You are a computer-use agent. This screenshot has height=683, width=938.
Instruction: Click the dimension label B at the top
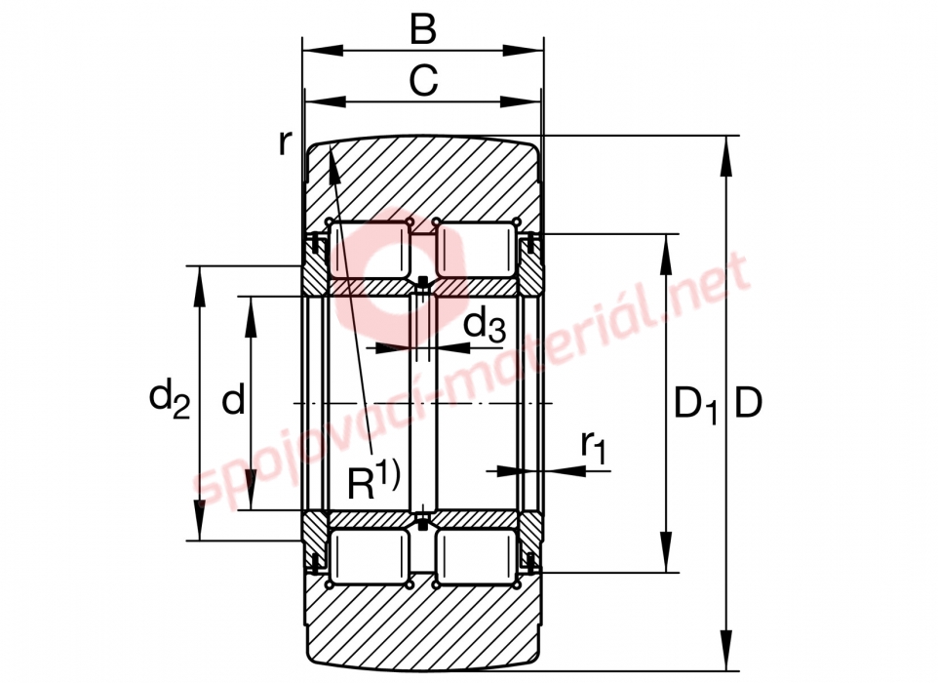[423, 28]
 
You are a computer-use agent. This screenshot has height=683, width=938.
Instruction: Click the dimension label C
[423, 80]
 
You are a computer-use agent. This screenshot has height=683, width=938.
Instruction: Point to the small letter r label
[286, 143]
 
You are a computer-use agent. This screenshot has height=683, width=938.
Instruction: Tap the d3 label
[485, 326]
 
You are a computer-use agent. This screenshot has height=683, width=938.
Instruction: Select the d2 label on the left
[170, 398]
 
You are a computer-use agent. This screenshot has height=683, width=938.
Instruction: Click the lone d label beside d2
[233, 399]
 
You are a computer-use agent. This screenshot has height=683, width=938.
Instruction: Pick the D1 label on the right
[695, 404]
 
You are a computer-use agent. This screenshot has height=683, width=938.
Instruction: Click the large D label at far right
[748, 402]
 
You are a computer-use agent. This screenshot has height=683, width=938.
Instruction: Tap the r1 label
[594, 446]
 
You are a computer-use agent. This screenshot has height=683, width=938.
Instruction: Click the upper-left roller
[370, 249]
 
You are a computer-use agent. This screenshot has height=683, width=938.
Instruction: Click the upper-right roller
[476, 249]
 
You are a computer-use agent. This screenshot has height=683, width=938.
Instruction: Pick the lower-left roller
[370, 557]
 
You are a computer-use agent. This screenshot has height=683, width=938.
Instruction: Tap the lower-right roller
[476, 557]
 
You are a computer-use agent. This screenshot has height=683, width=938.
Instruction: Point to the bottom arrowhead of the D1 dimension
[666, 552]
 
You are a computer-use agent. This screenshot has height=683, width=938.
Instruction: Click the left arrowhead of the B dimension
[323, 52]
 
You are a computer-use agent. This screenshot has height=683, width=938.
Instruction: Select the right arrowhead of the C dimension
[520, 101]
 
